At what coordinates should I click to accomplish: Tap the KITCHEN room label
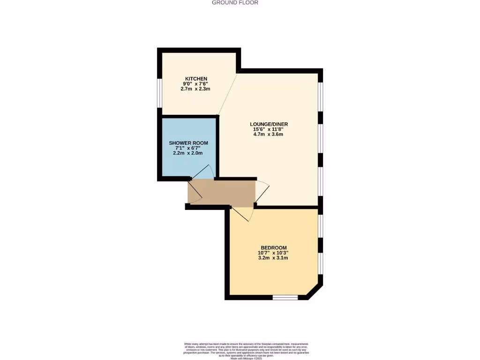[196, 79]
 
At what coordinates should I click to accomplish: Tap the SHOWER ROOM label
[188, 143]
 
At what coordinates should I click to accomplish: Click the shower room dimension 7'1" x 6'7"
[188, 148]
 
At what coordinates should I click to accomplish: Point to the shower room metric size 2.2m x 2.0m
[188, 153]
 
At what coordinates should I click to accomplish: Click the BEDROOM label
[273, 247]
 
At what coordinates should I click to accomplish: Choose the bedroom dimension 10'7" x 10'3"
[273, 253]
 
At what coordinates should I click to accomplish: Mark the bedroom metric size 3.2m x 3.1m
[273, 258]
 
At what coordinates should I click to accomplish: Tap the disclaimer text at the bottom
[246, 350]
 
